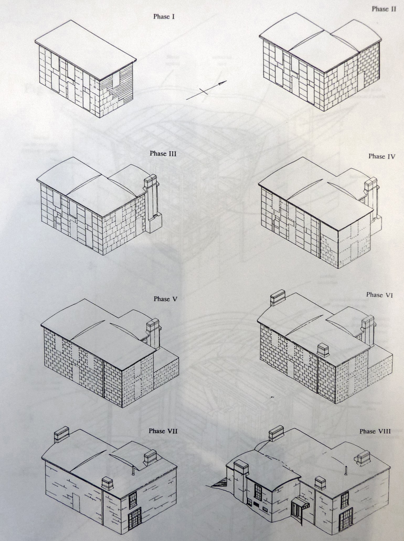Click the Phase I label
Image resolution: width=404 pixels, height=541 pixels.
pyautogui.click(x=164, y=17)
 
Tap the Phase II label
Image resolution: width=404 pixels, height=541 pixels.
pyautogui.click(x=384, y=9)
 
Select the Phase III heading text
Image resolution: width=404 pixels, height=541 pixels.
pyautogui.click(x=163, y=153)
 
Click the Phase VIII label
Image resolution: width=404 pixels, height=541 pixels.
pyautogui.click(x=375, y=431)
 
